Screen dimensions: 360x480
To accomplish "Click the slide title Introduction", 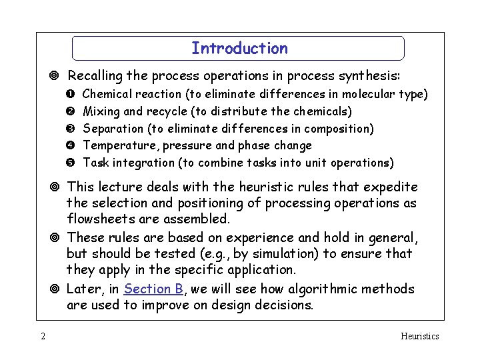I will [x=239, y=49].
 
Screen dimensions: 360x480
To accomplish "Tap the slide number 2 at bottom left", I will [x=43, y=336].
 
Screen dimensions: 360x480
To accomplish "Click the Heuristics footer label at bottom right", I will [x=419, y=336].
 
